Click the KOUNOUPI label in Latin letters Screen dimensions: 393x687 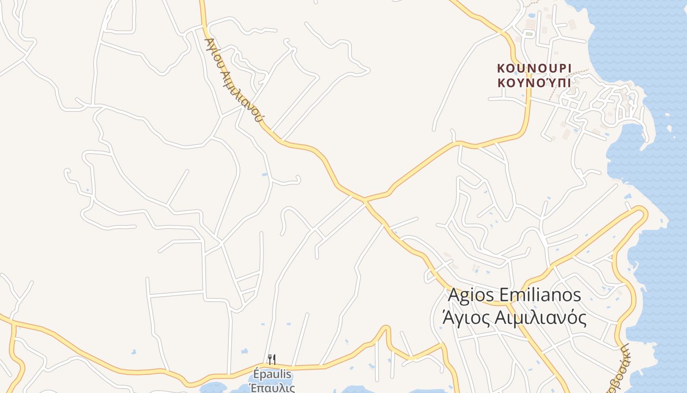[534, 68]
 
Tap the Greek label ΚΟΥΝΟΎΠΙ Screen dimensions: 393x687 [534, 83]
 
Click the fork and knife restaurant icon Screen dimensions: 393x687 [271, 360]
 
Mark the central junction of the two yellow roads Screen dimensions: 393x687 [364, 200]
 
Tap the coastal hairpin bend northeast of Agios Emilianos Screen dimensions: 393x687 [642, 211]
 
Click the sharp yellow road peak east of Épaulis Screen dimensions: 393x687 [386, 328]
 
